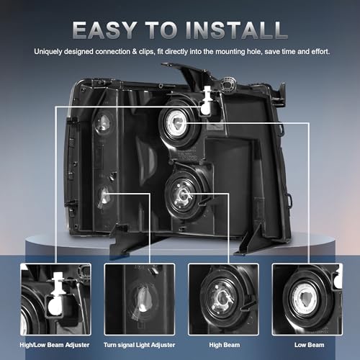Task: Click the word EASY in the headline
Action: click(104, 30)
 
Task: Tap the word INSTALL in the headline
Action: click(236, 30)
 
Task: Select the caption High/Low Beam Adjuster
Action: click(55, 345)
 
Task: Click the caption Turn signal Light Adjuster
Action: click(139, 345)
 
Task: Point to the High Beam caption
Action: click(225, 345)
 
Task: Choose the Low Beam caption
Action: click(309, 345)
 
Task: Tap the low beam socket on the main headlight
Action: click(179, 125)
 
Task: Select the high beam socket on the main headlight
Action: click(183, 195)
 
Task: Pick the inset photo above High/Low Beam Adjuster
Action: click(55, 299)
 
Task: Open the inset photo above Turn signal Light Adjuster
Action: click(140, 299)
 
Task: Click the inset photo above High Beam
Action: click(223, 299)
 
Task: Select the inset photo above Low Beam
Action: click(307, 299)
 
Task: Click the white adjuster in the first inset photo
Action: click(56, 295)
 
